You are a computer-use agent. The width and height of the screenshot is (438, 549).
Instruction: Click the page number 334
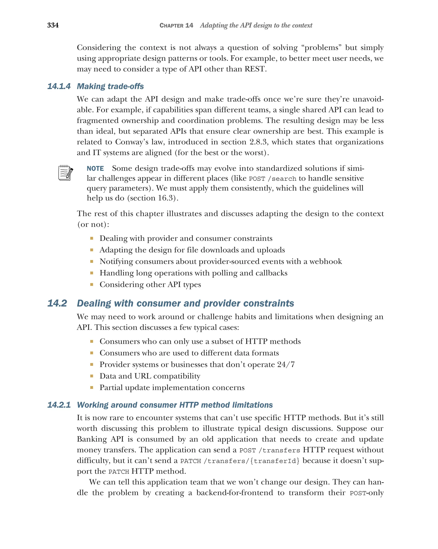tap(53, 25)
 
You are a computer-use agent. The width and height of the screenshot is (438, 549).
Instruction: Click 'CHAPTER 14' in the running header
tap(176, 25)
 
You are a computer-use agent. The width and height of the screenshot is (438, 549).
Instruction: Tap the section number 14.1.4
tap(59, 86)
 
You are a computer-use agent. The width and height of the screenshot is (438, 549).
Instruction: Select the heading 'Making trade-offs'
tap(110, 86)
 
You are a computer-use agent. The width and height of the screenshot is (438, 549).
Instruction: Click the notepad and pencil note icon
tap(65, 173)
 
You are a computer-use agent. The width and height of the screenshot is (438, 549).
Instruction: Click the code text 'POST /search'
tap(272, 179)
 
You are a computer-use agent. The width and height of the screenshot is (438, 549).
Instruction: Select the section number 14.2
tap(57, 303)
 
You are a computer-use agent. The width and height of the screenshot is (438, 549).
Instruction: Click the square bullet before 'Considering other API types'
tap(92, 285)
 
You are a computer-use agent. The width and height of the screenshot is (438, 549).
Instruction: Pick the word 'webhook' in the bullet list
tap(326, 262)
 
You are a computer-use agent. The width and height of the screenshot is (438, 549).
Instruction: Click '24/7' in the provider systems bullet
tap(286, 365)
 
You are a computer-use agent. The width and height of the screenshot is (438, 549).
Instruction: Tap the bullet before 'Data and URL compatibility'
tap(92, 376)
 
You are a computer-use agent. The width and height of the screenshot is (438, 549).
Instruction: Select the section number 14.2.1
tap(59, 405)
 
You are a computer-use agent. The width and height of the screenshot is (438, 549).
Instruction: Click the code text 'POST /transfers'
tap(269, 450)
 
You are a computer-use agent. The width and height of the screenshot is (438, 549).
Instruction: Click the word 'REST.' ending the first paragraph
tap(256, 69)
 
